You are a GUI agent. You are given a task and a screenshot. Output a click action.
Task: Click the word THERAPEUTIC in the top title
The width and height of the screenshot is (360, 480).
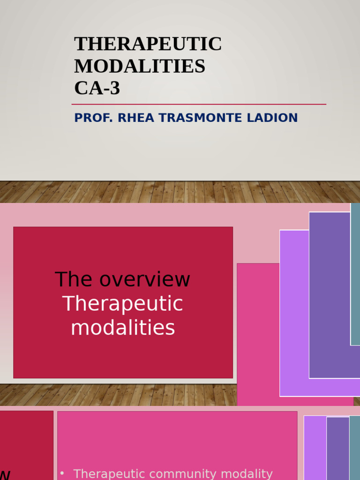pos(148,44)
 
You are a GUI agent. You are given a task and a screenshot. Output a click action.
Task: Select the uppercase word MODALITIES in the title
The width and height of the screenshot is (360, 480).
pos(140,66)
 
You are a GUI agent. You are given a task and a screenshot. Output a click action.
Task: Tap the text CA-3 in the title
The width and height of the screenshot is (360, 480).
pos(97,88)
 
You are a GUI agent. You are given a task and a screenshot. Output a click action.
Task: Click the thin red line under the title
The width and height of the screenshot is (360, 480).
pos(199,104)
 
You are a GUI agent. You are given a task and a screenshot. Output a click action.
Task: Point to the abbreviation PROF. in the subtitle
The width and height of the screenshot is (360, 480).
pos(94,118)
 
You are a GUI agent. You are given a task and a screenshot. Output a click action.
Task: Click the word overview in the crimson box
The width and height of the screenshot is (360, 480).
pos(144,280)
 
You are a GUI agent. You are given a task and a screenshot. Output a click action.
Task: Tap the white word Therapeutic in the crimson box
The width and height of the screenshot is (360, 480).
pos(123,304)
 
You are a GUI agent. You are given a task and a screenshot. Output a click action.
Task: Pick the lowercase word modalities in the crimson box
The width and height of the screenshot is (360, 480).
pos(123,328)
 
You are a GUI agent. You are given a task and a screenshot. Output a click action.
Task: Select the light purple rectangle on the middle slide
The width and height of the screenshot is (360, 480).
pos(294,314)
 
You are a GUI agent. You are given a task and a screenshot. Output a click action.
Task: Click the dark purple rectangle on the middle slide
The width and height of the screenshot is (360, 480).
pos(330,295)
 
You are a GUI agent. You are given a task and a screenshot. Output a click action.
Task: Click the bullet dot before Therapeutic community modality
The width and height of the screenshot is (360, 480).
pos(62,473)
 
